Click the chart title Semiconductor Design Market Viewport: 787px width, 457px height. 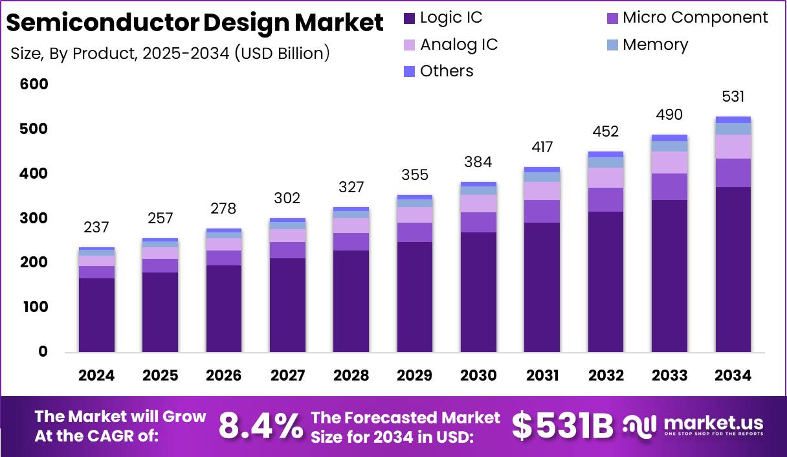coord(195,23)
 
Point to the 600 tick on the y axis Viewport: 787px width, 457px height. coord(34,85)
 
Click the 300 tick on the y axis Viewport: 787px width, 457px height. coord(34,218)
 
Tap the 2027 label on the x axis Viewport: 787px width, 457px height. coord(287,375)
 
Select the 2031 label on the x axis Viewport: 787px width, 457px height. coord(542,375)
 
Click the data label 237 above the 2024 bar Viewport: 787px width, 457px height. coord(96,228)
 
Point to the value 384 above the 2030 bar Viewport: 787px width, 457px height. coord(478,162)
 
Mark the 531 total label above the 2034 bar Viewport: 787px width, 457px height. coord(733,97)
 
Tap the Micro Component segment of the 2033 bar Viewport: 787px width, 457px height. coord(669,186)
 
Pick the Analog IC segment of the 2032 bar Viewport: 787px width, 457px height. coord(606,177)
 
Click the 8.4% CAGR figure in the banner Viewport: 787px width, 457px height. coord(260,425)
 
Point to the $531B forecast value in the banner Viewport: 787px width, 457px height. coord(562,425)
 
